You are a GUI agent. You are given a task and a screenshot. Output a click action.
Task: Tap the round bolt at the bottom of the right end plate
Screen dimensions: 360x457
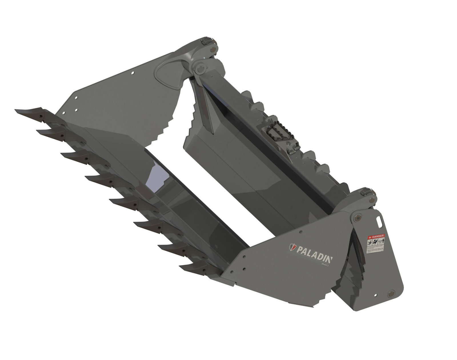pyautogui.click(x=390, y=294)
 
